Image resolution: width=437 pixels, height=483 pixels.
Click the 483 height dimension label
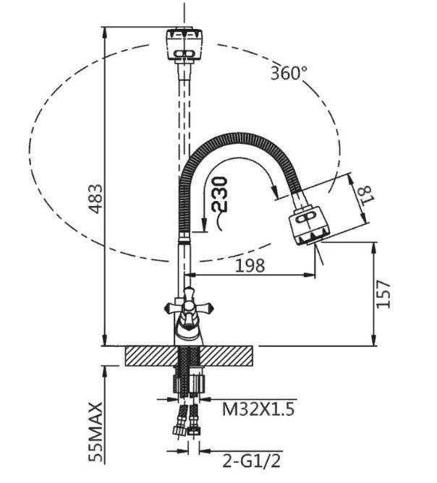pos(96,199)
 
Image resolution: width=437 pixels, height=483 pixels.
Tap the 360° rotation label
pos(289,73)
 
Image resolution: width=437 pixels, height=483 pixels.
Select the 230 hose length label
pos(220,195)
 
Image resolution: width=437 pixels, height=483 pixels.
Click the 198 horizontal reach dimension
pos(250,265)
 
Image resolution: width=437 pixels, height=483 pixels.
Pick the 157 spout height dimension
pos(383,294)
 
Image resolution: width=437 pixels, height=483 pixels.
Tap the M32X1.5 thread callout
pos(258,409)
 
